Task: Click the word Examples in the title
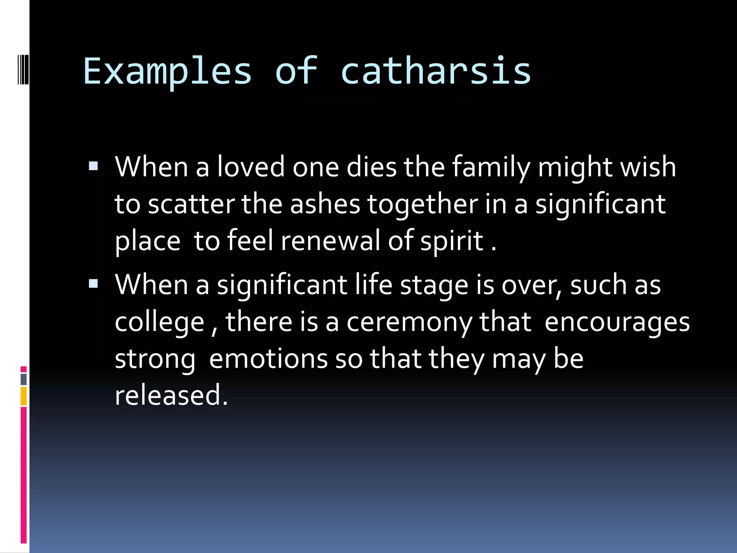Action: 167,72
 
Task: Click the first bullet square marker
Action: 93,166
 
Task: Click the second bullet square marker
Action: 93,284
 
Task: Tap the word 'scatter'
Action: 191,204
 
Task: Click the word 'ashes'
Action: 325,204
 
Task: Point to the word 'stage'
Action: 434,286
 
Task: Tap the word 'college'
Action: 159,323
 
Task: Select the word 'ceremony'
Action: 409,323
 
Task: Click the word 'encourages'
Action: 617,323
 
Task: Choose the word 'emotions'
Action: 268,359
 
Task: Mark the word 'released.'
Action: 171,395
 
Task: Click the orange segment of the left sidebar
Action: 24,396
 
